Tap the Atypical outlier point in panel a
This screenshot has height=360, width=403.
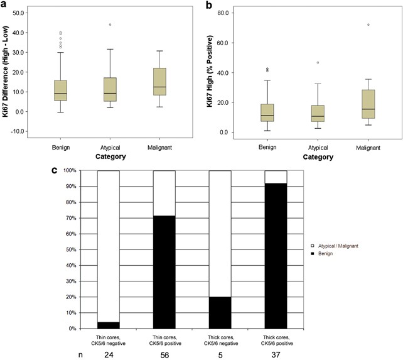110,25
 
